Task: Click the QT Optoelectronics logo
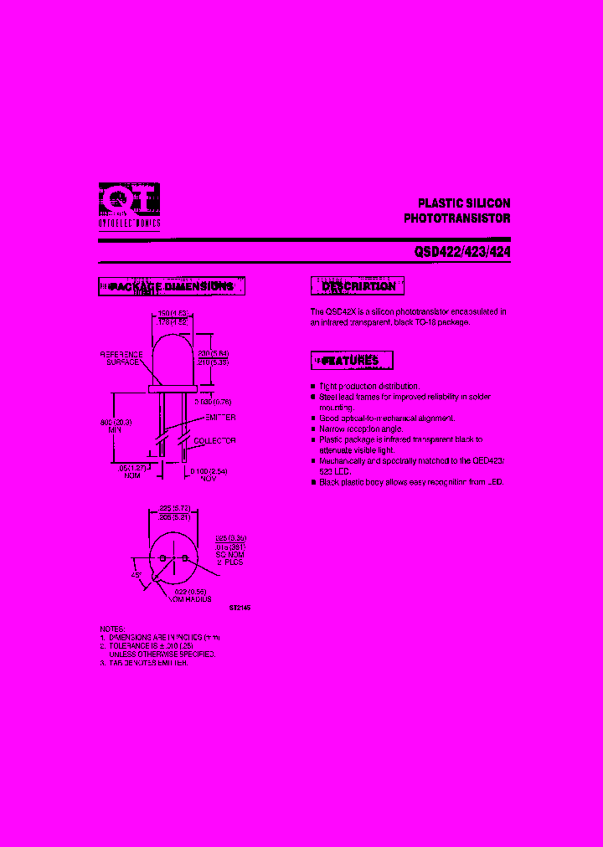pos(129,206)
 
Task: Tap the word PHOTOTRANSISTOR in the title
pos(457,218)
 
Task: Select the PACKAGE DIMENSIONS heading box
pos(172,286)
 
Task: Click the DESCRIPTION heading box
pos(358,286)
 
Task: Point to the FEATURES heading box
pos(351,361)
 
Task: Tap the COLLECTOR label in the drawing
pos(215,440)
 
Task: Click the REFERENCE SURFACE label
pos(121,359)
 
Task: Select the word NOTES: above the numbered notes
pos(111,628)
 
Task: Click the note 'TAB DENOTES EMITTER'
pos(151,662)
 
